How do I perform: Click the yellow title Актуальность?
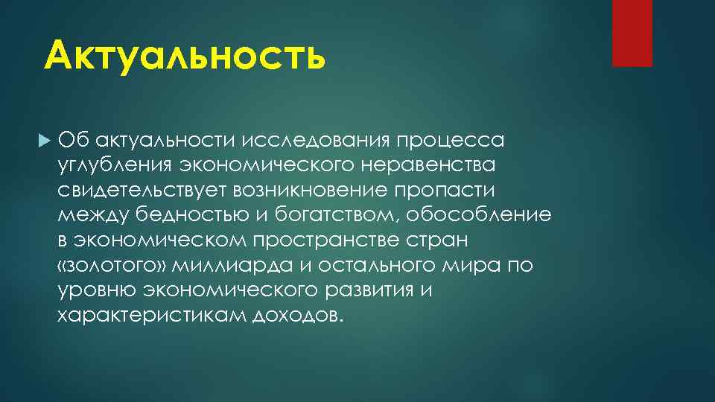coord(185,57)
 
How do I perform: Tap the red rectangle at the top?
coord(632,33)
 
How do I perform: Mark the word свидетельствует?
coord(141,190)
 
